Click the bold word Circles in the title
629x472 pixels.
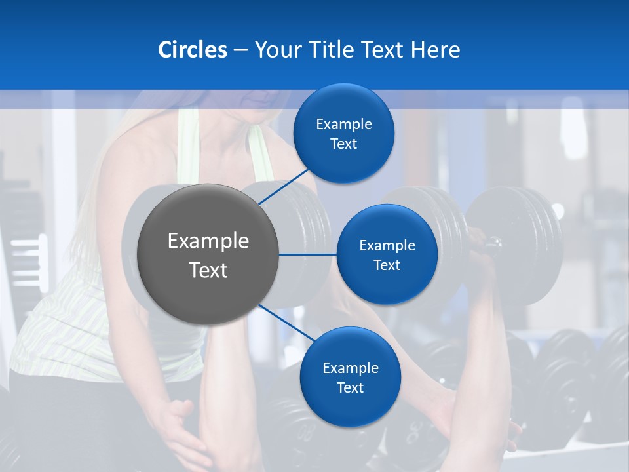click(192, 50)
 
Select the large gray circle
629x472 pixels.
click(208, 254)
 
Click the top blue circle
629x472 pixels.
click(344, 133)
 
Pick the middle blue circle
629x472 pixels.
click(387, 254)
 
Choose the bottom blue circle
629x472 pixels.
click(351, 377)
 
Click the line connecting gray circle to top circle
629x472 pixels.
click(284, 186)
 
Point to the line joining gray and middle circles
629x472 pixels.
click(308, 254)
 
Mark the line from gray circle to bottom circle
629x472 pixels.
click(286, 324)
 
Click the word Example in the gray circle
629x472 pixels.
click(208, 241)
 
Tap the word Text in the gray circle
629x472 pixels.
click(208, 270)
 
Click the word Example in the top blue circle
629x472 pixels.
click(344, 124)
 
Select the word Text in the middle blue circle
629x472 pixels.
click(387, 265)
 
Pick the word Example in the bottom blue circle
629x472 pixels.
click(351, 368)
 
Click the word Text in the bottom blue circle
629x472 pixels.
click(351, 387)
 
